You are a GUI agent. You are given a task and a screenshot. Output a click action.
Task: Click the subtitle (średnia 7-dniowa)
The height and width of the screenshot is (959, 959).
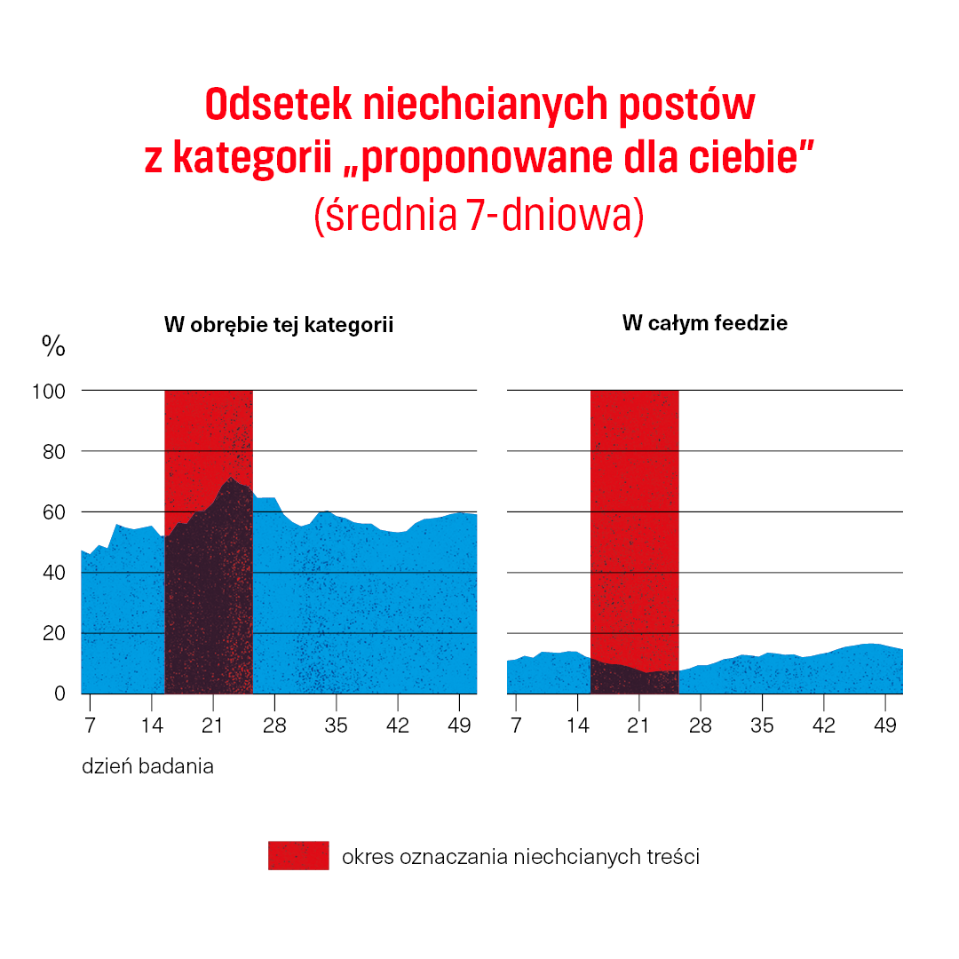479,216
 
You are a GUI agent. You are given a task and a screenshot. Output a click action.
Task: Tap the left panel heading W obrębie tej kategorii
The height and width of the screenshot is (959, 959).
278,325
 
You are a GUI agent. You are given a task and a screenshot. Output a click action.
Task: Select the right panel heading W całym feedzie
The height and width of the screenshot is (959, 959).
704,323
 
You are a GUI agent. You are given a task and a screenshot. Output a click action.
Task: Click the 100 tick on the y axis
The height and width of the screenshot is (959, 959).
50,391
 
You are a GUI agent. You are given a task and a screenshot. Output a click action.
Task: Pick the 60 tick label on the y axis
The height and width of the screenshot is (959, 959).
54,512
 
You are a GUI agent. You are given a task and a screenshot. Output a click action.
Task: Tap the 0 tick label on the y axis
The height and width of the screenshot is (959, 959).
59,693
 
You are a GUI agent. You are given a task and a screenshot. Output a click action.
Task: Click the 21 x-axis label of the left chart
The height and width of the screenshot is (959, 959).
213,726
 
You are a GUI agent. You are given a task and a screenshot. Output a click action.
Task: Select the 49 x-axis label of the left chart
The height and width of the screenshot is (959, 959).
459,726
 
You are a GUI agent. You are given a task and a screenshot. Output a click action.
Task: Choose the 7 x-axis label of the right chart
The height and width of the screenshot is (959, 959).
516,726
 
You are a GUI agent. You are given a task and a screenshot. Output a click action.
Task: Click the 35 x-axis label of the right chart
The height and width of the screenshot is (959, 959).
762,726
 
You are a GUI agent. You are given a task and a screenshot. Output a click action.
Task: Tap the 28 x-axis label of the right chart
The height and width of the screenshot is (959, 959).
701,726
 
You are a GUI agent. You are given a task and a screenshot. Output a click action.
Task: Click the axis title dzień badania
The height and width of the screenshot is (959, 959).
147,766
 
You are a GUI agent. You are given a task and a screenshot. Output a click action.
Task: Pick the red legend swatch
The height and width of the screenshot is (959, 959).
298,855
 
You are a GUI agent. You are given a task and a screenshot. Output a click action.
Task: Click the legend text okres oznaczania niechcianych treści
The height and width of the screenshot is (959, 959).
520,857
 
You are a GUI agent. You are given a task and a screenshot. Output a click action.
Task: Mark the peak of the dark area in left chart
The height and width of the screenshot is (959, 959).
231,479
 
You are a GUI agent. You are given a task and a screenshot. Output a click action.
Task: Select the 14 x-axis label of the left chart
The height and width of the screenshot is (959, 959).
152,726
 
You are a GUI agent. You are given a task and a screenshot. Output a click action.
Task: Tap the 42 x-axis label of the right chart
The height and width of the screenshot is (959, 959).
823,726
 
